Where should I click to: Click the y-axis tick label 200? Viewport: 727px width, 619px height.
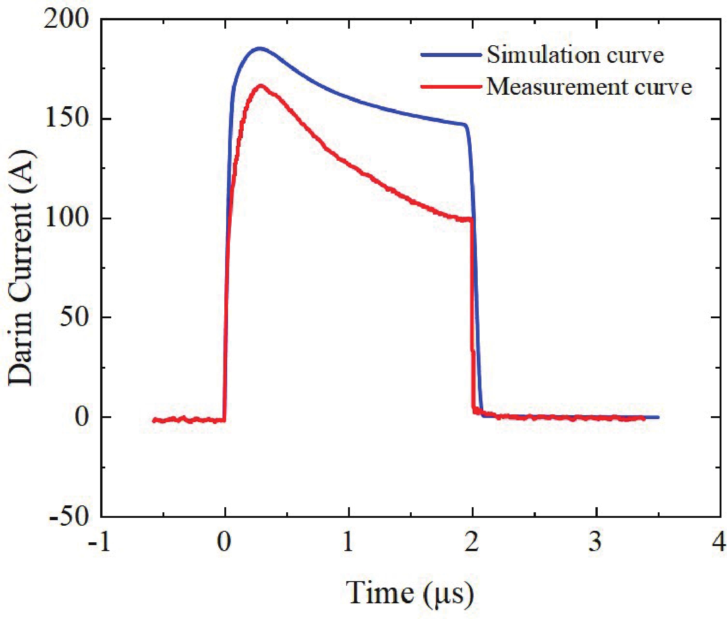(66, 20)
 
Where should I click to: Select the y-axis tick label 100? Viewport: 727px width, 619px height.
(66, 218)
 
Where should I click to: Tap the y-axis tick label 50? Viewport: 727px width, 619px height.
(74, 317)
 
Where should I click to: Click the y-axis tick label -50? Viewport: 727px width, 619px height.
(69, 516)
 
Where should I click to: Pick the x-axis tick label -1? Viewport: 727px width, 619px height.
(100, 541)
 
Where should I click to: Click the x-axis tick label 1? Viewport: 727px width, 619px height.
(348, 541)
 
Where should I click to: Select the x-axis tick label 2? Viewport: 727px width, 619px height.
(472, 541)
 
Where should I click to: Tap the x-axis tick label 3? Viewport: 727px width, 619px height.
(595, 541)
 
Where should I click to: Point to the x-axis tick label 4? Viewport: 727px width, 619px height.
(719, 541)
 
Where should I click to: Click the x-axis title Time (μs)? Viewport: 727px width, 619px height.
(410, 594)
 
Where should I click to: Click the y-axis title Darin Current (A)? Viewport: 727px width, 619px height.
(21, 268)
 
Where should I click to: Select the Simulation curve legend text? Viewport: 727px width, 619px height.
(575, 55)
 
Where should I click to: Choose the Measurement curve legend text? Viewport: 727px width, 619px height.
(589, 87)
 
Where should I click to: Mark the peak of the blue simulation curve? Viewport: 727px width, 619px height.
(259, 48)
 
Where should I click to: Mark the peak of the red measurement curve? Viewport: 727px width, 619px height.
(261, 85)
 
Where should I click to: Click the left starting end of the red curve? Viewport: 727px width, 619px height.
(154, 420)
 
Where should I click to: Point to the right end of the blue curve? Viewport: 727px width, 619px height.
(658, 417)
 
